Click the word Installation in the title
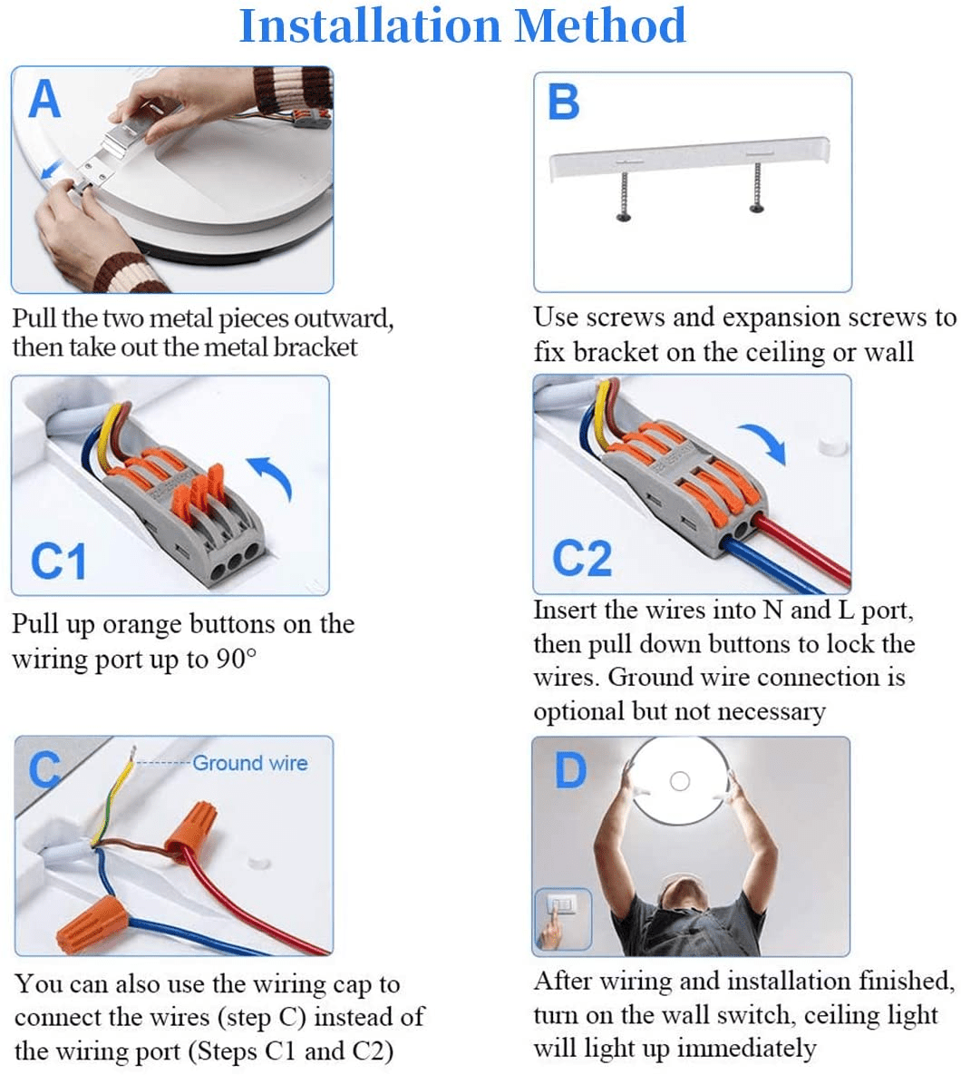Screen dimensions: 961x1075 (x=370, y=25)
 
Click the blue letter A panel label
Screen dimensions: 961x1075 (x=45, y=100)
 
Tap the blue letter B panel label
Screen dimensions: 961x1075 (x=564, y=102)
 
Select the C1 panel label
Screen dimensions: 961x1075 (x=59, y=561)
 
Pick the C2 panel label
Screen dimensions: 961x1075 (x=581, y=558)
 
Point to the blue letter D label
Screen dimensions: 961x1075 (x=570, y=770)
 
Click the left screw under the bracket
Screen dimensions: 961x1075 (x=625, y=193)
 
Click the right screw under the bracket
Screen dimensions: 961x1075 (x=757, y=187)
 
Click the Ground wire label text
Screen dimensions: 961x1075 (x=250, y=763)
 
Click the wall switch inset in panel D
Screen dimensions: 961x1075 (x=562, y=919)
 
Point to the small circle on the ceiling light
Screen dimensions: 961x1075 (x=679, y=781)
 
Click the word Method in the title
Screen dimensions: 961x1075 (x=600, y=25)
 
